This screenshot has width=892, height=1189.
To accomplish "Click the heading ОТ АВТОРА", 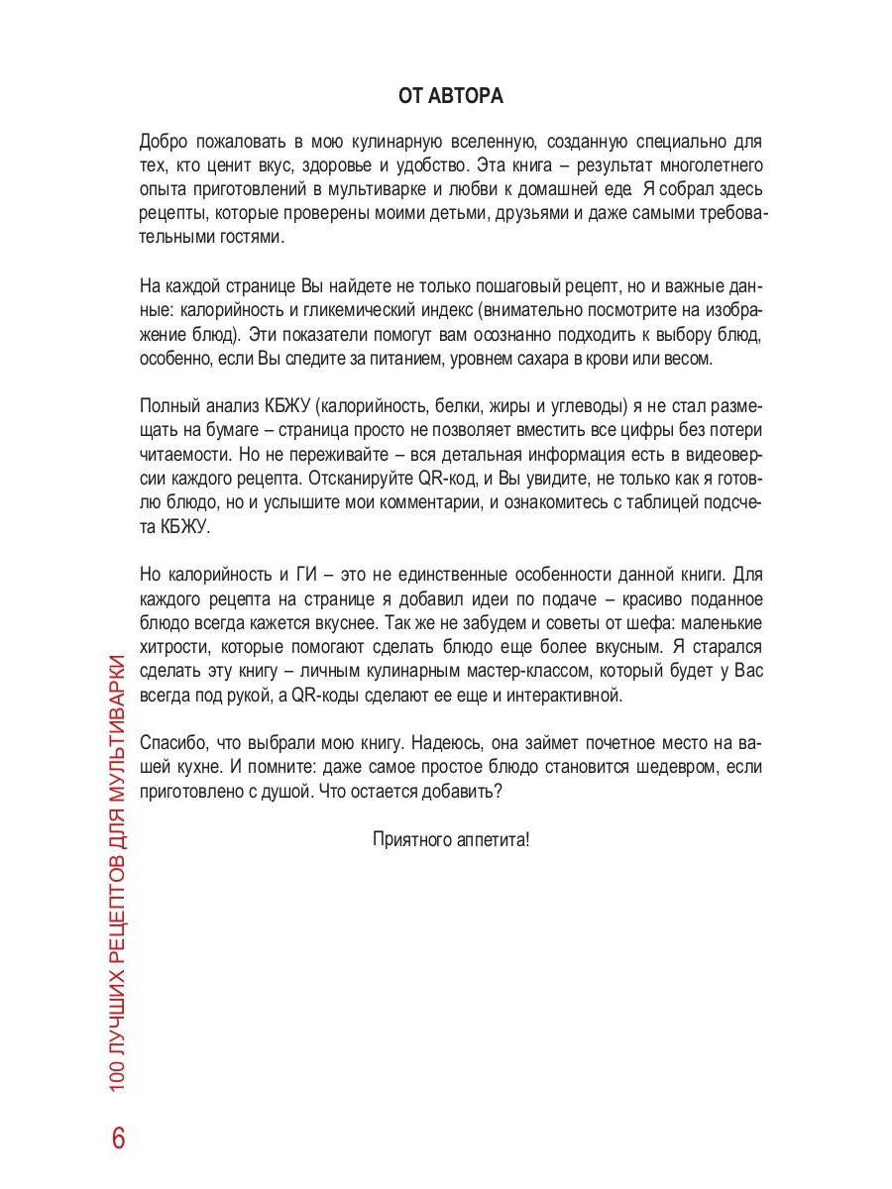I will coord(450,96).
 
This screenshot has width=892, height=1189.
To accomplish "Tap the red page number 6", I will coord(119,1137).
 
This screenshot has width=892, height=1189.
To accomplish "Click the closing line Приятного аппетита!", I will coord(451,838).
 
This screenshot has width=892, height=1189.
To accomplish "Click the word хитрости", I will coord(174,647).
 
